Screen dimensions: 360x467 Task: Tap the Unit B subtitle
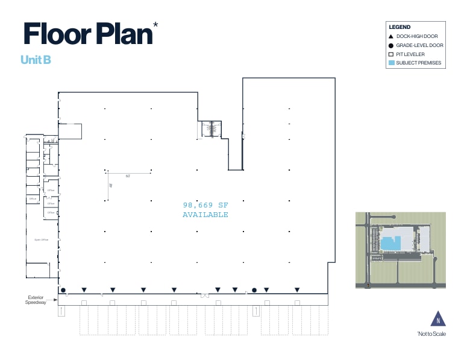click(35, 60)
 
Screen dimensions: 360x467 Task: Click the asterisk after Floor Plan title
click(156, 25)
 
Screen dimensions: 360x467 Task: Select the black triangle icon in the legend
click(391, 36)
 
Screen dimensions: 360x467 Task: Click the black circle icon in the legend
click(391, 45)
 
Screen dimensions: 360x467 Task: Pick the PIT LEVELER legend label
click(410, 54)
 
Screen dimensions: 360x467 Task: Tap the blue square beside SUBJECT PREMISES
click(391, 63)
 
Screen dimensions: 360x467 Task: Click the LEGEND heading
click(400, 27)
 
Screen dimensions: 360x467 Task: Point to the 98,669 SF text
click(205, 205)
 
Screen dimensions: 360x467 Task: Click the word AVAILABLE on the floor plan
click(205, 215)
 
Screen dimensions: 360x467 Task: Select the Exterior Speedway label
click(40, 300)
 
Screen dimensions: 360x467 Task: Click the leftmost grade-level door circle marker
click(63, 290)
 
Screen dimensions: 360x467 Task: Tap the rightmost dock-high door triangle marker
click(296, 290)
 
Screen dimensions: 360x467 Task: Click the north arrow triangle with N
click(438, 319)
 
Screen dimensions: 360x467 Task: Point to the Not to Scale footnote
click(431, 334)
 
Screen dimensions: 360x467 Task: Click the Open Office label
click(41, 239)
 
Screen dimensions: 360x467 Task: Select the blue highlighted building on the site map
click(391, 243)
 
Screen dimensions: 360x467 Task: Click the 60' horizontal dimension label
click(128, 176)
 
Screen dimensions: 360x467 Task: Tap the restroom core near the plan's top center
click(211, 129)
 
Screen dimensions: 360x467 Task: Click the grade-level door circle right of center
click(254, 290)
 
